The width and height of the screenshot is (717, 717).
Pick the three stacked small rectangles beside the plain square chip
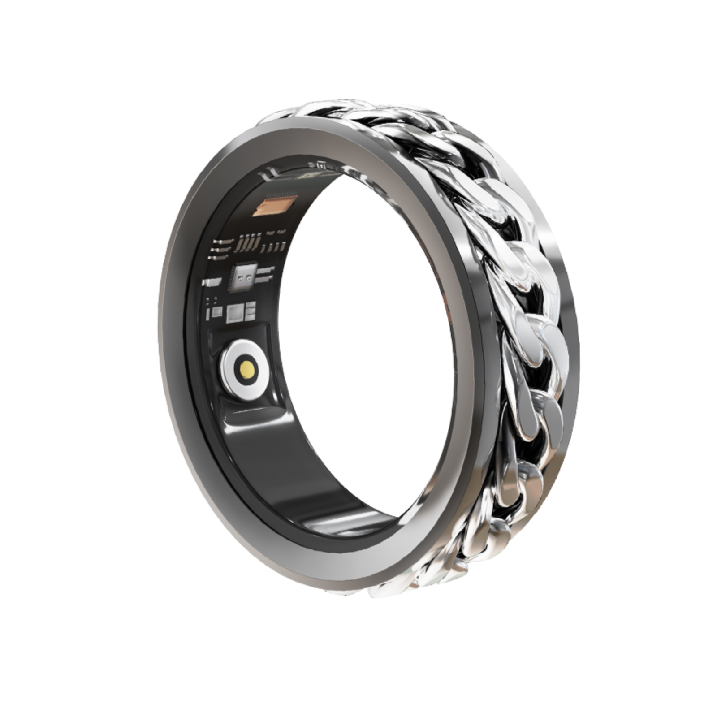tap(251, 311)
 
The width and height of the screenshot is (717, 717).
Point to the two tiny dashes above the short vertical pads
tap(276, 233)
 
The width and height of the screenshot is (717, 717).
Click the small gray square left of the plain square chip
tap(217, 312)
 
